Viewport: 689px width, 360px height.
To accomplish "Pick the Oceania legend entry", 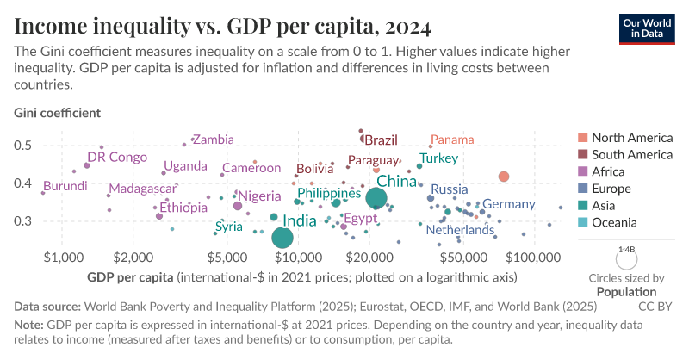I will click(616, 223).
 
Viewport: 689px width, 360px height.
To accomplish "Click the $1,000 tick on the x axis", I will click(61, 258).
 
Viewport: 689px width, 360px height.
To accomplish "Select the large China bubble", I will click(376, 198).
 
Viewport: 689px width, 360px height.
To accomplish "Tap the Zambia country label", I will click(213, 140).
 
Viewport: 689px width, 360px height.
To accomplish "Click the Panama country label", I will click(452, 140).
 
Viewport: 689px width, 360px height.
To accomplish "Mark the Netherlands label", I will click(460, 231).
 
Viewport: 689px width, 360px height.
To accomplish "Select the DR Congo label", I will click(117, 158).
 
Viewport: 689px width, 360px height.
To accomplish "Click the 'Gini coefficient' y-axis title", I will click(58, 113).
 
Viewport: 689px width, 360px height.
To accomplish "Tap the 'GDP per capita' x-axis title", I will click(131, 277).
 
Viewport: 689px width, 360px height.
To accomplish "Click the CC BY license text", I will click(655, 305).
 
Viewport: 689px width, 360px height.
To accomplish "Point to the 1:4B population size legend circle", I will click(626, 259).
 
